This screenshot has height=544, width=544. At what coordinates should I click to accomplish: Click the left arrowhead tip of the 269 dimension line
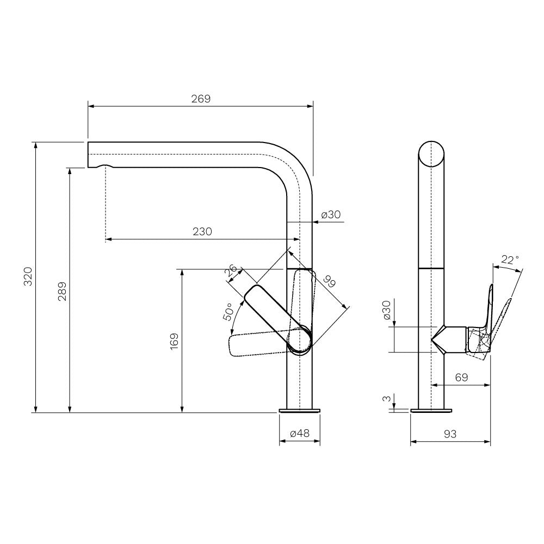[88, 107]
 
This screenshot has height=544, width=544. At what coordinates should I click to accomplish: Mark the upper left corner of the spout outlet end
[88, 142]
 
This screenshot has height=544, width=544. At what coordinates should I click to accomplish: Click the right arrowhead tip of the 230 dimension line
[300, 239]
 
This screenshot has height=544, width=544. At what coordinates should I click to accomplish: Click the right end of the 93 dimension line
[490, 442]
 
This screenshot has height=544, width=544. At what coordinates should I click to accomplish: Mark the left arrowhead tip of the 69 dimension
[431, 385]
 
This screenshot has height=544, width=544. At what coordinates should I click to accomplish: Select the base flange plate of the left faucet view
[300, 411]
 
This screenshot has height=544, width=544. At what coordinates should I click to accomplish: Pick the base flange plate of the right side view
[431, 411]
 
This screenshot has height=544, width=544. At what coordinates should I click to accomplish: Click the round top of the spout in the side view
[431, 154]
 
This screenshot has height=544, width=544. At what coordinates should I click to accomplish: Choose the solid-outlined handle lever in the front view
[277, 319]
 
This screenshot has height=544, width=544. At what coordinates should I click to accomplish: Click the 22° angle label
[510, 259]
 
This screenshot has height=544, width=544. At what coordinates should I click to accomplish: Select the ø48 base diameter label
[299, 433]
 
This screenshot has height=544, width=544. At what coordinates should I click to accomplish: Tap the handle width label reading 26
[231, 270]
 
